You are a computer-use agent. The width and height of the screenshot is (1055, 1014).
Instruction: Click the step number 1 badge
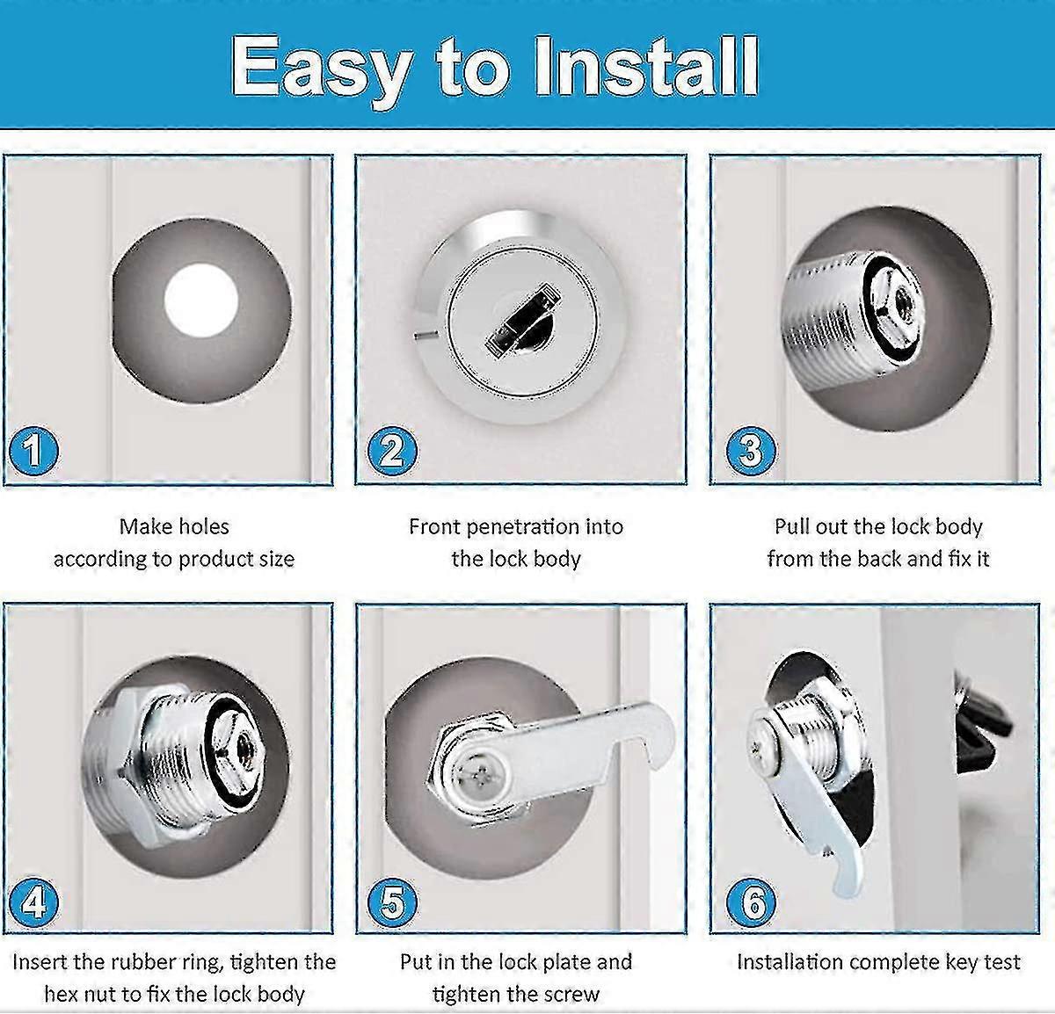pyautogui.click(x=33, y=452)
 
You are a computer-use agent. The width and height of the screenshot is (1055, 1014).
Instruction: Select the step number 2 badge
pyautogui.click(x=392, y=452)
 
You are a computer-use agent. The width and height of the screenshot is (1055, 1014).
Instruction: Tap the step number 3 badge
pyautogui.click(x=751, y=451)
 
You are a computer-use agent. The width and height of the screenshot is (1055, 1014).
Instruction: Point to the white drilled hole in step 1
pyautogui.click(x=201, y=301)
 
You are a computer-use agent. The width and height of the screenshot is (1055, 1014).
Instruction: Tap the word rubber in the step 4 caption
pyautogui.click(x=141, y=962)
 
